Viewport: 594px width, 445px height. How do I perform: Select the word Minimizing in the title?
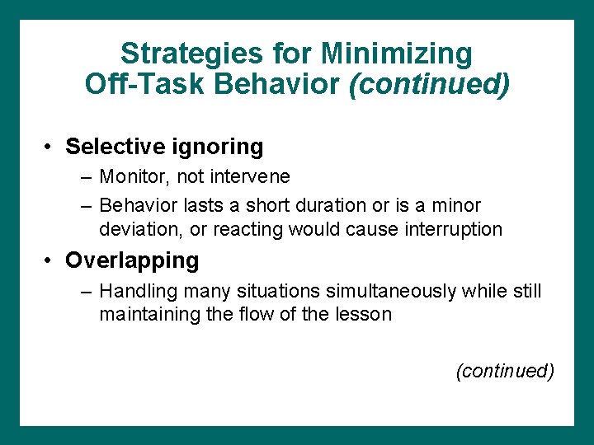point(396,54)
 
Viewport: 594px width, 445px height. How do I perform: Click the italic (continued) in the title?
point(429,83)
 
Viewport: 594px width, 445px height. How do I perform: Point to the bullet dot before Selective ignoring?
point(50,147)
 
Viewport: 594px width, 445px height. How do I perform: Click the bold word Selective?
point(114,147)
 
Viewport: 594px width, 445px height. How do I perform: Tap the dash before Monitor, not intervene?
point(87,176)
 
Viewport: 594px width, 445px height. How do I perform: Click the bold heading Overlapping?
point(132,260)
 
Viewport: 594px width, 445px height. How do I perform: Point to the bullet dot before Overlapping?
point(50,260)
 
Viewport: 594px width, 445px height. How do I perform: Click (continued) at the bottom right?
point(504,371)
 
